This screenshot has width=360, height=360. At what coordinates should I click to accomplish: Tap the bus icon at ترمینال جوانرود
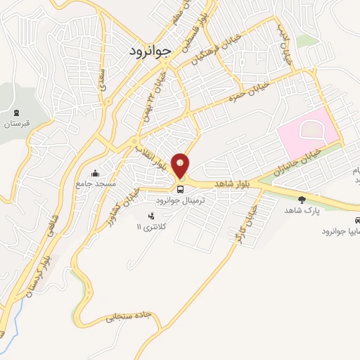181,188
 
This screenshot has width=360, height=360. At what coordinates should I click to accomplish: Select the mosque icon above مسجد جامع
96,174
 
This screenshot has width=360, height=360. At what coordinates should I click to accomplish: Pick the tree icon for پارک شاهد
302,200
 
